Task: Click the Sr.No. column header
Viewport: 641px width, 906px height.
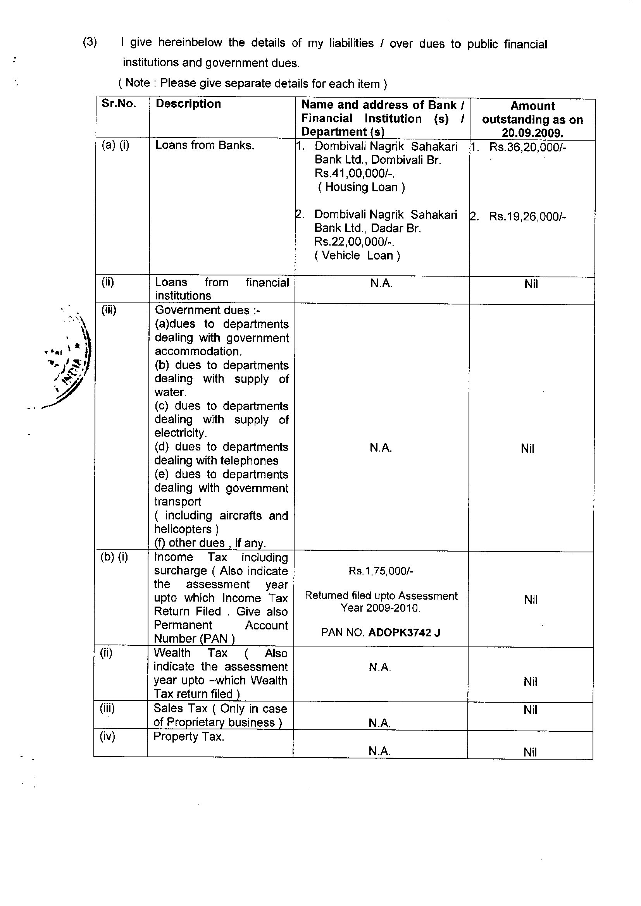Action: [x=119, y=103]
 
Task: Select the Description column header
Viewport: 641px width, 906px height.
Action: [x=188, y=104]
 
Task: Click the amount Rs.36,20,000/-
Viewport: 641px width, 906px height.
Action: [x=528, y=147]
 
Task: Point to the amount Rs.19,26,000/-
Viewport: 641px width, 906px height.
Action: [x=527, y=217]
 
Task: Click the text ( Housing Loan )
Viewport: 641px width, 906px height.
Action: [x=361, y=187]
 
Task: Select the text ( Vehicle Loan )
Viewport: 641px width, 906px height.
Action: [x=357, y=256]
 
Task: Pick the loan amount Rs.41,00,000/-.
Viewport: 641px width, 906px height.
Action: [x=355, y=174]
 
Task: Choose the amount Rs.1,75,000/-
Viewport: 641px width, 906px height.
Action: [x=381, y=571]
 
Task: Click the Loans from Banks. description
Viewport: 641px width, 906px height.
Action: [x=205, y=145]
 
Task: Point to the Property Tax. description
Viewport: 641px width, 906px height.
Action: [x=189, y=737]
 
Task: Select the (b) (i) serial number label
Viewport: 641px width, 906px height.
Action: [x=114, y=557]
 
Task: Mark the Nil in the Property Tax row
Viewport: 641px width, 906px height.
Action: [x=530, y=752]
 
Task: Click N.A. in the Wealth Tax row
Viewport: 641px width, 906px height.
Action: [x=380, y=667]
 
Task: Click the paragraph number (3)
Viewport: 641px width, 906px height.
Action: [x=90, y=42]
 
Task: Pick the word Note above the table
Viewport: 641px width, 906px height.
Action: [x=137, y=83]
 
